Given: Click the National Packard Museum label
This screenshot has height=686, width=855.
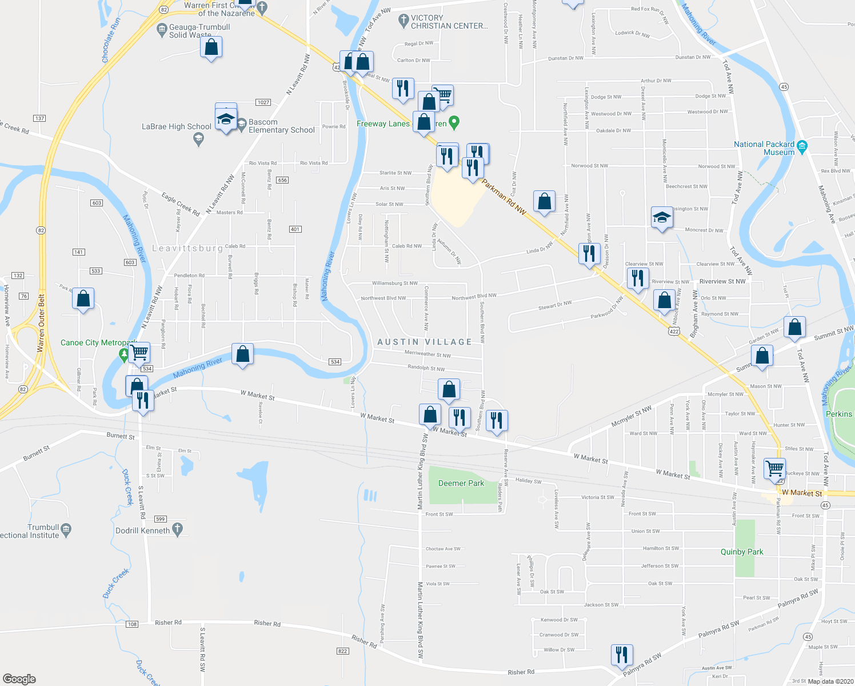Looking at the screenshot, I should pyautogui.click(x=764, y=148).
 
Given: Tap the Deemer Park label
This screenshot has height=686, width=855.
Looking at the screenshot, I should pyautogui.click(x=461, y=483).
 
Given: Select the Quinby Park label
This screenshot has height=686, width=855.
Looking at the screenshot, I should pyautogui.click(x=741, y=552).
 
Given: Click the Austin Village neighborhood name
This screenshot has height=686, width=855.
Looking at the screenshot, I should pyautogui.click(x=425, y=342).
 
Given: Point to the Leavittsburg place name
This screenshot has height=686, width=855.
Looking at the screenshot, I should pyautogui.click(x=187, y=248).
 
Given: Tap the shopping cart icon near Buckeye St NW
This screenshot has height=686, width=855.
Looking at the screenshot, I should pyautogui.click(x=774, y=469).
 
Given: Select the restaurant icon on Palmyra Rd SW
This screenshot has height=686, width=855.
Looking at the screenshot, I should pyautogui.click(x=621, y=655).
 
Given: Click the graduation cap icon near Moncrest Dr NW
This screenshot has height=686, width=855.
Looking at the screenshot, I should pyautogui.click(x=661, y=218).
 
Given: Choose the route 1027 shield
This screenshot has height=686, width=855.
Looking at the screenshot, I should pyautogui.click(x=263, y=102).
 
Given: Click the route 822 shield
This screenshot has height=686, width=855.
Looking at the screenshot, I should pyautogui.click(x=343, y=651).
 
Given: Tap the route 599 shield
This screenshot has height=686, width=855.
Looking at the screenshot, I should pyautogui.click(x=160, y=519).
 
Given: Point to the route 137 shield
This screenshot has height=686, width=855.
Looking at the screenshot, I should pyautogui.click(x=39, y=118).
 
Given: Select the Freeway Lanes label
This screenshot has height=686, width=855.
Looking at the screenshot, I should pyautogui.click(x=383, y=123).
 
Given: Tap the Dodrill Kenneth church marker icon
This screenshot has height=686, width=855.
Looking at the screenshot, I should pyautogui.click(x=178, y=530).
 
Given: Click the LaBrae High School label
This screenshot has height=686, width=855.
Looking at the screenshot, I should pyautogui.click(x=176, y=126).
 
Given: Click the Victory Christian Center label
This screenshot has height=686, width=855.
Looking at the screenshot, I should pyautogui.click(x=449, y=22).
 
